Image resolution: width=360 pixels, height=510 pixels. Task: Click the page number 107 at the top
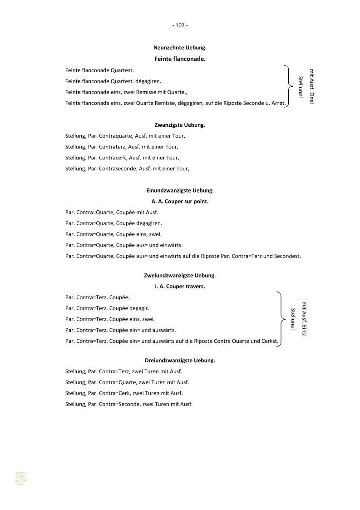pyautogui.click(x=180, y=25)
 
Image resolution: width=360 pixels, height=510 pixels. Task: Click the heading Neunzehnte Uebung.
pyautogui.click(x=180, y=47)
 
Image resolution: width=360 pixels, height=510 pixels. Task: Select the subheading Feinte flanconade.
pyautogui.click(x=180, y=59)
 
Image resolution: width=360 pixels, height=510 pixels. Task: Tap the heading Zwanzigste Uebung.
pyautogui.click(x=180, y=124)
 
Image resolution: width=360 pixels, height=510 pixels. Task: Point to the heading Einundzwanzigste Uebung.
pyautogui.click(x=180, y=190)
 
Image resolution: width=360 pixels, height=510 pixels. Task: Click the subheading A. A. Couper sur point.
pyautogui.click(x=180, y=201)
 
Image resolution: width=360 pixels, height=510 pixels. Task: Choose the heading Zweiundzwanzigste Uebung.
pyautogui.click(x=180, y=275)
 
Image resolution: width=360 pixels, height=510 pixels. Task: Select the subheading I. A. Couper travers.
pyautogui.click(x=180, y=287)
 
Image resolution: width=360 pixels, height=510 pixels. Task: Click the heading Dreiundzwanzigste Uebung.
pyautogui.click(x=180, y=360)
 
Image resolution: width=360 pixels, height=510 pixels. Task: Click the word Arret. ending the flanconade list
pyautogui.click(x=278, y=103)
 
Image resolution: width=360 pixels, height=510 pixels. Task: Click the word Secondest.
pyautogui.click(x=288, y=256)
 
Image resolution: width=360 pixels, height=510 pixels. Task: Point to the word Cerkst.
pyautogui.click(x=270, y=341)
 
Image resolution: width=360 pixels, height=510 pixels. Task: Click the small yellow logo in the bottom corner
pyautogui.click(x=21, y=479)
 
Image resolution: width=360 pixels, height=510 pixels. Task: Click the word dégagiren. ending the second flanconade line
pyautogui.click(x=148, y=81)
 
